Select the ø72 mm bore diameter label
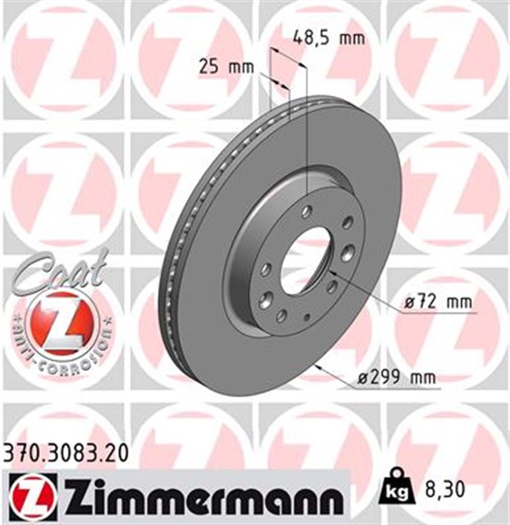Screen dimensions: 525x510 pos(439,302)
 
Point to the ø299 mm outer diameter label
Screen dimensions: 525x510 pos(397,378)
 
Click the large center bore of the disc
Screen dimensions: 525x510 pos(309,251)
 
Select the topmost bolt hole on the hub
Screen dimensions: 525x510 pos(306,212)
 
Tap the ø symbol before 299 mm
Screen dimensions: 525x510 pos(364,378)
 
